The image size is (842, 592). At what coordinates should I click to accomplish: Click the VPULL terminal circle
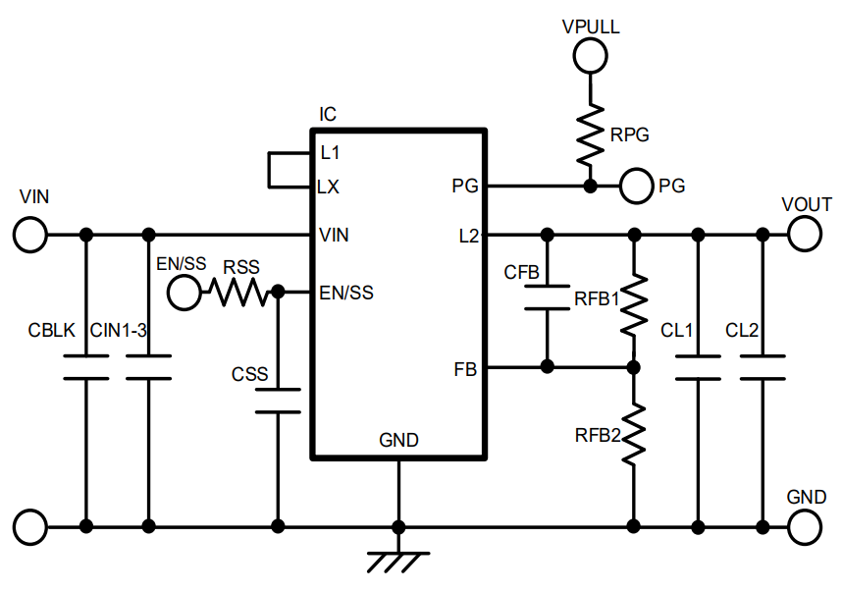[x=590, y=57]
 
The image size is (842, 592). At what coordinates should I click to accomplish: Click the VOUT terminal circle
[x=805, y=235]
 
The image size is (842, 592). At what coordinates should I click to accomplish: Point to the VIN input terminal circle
[x=30, y=235]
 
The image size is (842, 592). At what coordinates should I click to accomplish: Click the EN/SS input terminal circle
[x=183, y=292]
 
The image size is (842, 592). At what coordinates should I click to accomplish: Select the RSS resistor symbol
[x=237, y=292]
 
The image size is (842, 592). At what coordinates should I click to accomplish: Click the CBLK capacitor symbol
[x=86, y=367]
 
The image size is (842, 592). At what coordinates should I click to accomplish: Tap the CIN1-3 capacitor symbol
[x=149, y=367]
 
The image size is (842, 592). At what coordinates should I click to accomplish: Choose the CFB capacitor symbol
[x=548, y=297]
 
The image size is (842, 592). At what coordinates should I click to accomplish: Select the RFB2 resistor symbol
[x=635, y=433]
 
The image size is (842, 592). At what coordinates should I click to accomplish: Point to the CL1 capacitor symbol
[x=698, y=367]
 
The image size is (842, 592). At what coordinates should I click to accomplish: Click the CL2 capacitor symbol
[x=763, y=367]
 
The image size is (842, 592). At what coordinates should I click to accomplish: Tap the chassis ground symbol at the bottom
[x=398, y=561]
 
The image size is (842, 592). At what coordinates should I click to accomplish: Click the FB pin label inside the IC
[x=465, y=369]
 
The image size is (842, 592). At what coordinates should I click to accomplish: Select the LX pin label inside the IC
[x=329, y=187]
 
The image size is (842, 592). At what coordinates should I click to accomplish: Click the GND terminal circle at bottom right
[x=805, y=527]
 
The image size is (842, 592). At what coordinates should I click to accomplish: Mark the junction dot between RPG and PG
[x=590, y=185]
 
